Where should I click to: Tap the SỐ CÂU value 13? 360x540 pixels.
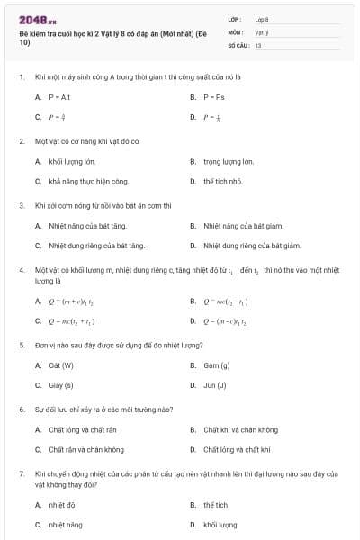(258, 44)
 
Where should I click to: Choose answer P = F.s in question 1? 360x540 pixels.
(212, 96)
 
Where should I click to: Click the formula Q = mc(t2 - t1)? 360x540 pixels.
(226, 301)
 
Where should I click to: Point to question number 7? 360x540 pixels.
(21, 472)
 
